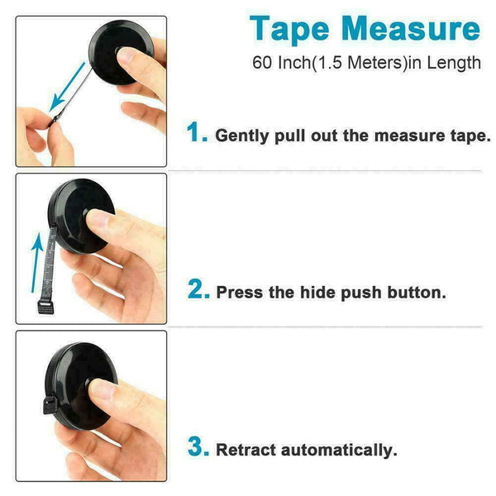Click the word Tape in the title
[289, 30]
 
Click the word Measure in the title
[411, 28]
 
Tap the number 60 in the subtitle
[262, 62]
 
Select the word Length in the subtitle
[454, 63]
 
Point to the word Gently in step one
[242, 136]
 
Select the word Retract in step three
[246, 450]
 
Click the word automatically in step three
[339, 451]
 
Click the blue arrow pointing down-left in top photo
[67, 87]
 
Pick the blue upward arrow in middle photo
[37, 262]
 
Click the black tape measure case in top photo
[121, 53]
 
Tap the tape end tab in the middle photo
[45, 308]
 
